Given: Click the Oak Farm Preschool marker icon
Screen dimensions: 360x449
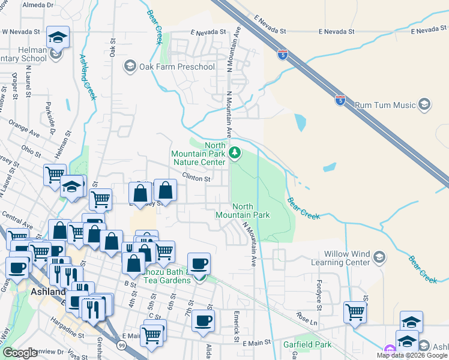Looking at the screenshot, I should (x=129, y=65).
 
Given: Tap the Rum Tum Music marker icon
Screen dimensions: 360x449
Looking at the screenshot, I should (x=424, y=106).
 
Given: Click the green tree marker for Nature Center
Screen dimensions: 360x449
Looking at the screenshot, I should (x=235, y=154).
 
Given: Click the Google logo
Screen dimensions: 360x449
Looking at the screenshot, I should (x=20, y=353).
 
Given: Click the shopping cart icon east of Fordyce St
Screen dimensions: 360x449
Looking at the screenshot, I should (x=355, y=313).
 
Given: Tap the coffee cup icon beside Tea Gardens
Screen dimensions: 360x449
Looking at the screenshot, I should (x=199, y=264).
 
